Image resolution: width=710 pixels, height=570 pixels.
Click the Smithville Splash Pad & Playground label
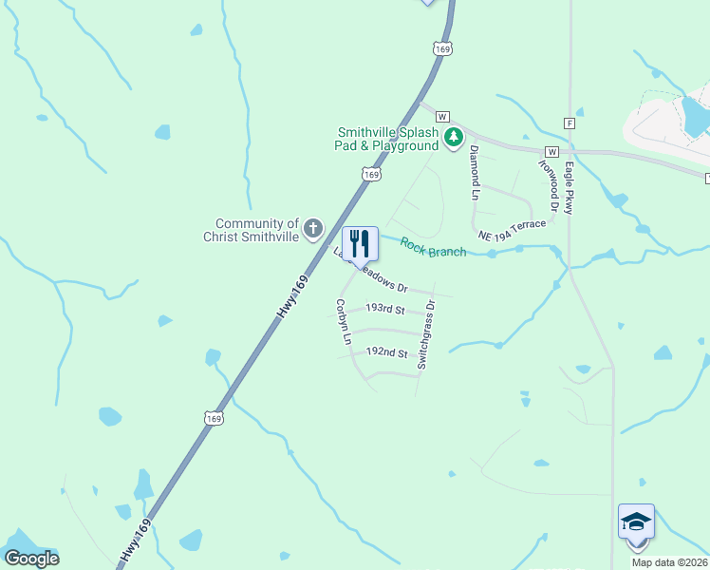[389, 140]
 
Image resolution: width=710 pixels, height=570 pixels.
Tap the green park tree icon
[454, 139]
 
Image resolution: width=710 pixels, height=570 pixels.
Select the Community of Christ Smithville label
[252, 229]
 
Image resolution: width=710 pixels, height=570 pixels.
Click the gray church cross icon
[313, 229]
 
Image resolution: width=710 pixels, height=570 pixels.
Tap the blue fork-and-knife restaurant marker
[360, 244]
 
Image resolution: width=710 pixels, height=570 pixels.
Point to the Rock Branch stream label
[433, 247]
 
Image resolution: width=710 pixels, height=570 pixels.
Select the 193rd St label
[384, 310]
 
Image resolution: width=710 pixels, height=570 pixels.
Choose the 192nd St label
[386, 352]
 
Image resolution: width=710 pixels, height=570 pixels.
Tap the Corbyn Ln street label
[344, 322]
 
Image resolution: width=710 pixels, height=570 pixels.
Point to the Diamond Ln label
[475, 172]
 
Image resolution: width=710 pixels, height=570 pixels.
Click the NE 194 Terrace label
[513, 229]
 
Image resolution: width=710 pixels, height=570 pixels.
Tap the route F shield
[570, 123]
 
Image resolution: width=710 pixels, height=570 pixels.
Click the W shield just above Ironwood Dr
[551, 152]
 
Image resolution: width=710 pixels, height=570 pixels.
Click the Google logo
[31, 559]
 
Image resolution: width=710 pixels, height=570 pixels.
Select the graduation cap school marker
[636, 522]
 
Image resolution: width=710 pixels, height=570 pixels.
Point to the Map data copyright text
[670, 562]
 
